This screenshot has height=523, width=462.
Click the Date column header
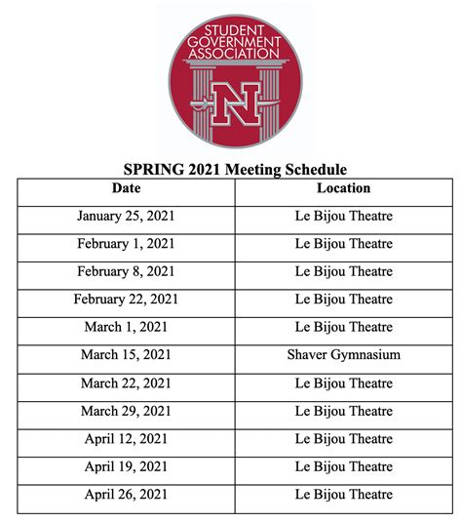click(x=126, y=188)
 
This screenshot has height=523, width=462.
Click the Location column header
click(x=343, y=188)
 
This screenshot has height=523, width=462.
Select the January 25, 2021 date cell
click(x=126, y=216)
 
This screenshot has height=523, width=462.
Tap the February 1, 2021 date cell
click(x=126, y=244)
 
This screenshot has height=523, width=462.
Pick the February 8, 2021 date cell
click(x=126, y=271)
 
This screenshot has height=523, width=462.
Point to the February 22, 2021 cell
click(x=126, y=300)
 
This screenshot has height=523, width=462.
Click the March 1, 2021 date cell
click(x=126, y=327)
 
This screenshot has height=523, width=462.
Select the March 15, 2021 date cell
click(x=126, y=355)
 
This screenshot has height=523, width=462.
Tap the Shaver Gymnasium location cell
click(x=343, y=355)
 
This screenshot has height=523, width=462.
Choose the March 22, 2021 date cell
click(x=126, y=383)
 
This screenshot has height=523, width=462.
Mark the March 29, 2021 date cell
click(x=126, y=411)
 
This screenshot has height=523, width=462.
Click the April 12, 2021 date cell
click(x=126, y=439)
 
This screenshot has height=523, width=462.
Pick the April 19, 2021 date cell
click(x=126, y=466)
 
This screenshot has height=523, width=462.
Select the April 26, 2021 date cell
click(x=126, y=495)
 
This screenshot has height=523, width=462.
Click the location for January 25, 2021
click(x=343, y=216)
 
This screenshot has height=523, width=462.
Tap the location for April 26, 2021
click(x=343, y=495)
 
